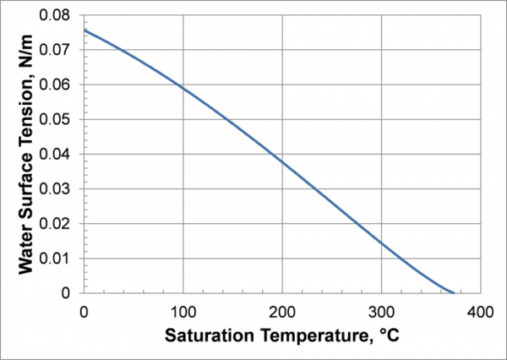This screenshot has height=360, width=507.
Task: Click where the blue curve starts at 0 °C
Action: [x=84, y=30]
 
